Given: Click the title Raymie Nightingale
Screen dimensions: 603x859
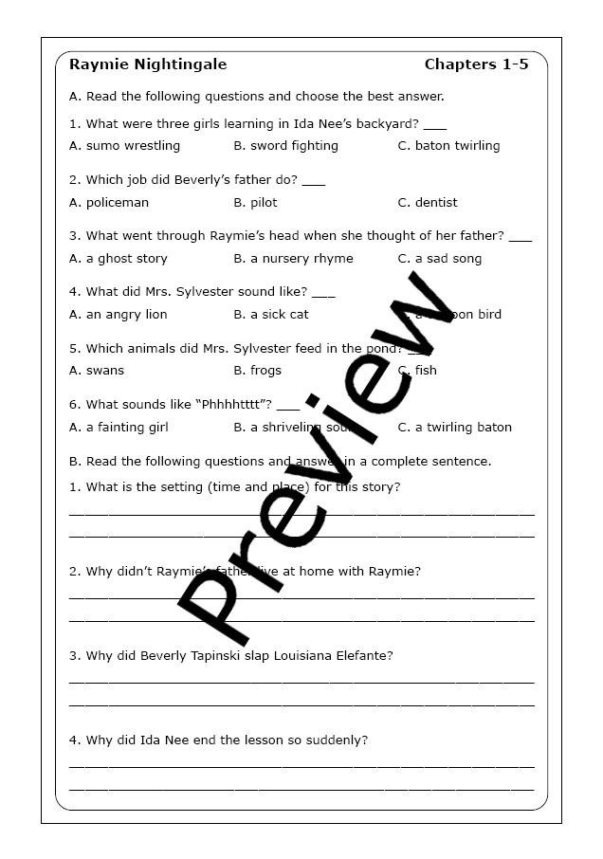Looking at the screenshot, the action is click(x=148, y=64).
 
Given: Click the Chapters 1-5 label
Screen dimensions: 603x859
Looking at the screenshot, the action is click(x=476, y=64).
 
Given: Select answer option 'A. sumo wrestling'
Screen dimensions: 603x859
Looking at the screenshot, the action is click(x=124, y=146).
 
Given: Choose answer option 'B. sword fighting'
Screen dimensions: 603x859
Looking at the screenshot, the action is click(x=285, y=146).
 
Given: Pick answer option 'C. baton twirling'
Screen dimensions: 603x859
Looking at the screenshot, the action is click(x=448, y=146).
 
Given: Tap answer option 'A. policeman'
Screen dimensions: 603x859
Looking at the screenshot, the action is click(x=109, y=202).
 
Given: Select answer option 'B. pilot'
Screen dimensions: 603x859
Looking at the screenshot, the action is click(x=255, y=202).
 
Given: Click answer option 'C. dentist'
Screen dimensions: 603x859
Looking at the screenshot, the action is click(x=428, y=202).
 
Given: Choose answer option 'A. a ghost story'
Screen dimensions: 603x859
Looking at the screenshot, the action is click(x=119, y=258).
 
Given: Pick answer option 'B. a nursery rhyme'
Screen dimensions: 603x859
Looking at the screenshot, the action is click(x=293, y=258).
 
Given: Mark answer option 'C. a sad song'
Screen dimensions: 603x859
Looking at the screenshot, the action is click(x=440, y=258).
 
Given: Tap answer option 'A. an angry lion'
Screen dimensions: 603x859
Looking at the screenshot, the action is click(x=119, y=314).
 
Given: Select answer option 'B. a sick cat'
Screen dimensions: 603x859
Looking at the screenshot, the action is click(x=271, y=314).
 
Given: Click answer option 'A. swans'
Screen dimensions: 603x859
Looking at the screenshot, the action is click(x=97, y=370).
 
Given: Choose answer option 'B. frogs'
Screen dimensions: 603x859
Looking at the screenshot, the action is click(x=257, y=370).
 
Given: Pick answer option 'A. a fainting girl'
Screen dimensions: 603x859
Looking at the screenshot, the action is click(x=119, y=427).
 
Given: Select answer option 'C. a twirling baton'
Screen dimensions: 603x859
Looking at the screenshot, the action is click(x=454, y=427).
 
